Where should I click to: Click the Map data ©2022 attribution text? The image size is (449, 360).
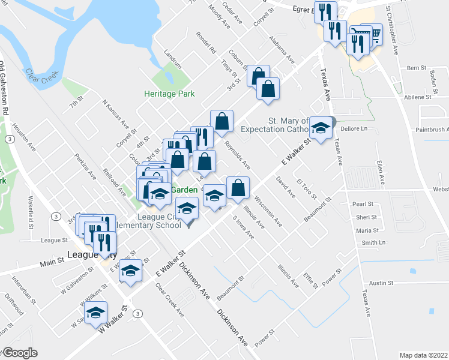point(424,355)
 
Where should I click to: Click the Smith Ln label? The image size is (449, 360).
point(373,243)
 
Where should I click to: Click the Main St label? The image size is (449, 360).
point(52,263)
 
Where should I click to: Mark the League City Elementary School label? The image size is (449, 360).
point(159,221)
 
